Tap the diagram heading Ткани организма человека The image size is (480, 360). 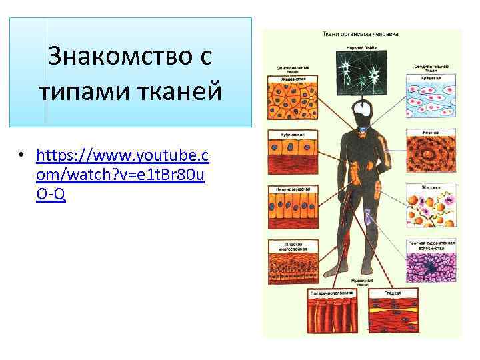(361, 33)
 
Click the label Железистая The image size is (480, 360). (289, 77)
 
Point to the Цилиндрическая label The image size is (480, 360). (293, 189)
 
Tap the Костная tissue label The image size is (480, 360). (431, 133)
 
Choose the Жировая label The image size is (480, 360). (431, 188)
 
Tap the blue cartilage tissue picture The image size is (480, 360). (430, 99)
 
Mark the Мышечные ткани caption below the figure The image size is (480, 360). (362, 283)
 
